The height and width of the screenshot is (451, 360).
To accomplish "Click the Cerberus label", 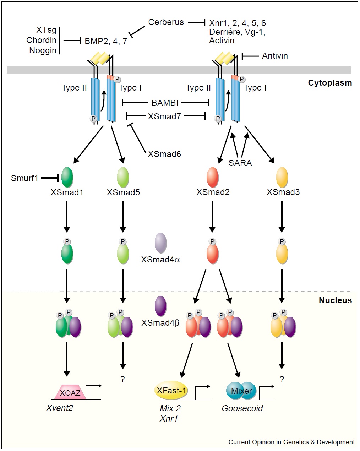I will click(166, 22).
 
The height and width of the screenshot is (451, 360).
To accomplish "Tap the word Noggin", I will click(43, 50).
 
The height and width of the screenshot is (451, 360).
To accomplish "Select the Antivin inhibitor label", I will click(275, 56).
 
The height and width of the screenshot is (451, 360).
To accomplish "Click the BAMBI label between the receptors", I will click(165, 103).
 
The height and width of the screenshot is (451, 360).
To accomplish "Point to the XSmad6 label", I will click(164, 154).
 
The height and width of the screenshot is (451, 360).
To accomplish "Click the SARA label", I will click(240, 163).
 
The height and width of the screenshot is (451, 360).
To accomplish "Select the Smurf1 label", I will click(24, 178).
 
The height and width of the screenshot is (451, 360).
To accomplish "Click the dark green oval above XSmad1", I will click(67, 177).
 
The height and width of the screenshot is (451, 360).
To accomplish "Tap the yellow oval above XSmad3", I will click(282, 177).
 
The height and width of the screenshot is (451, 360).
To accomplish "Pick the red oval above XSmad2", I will click(212, 177).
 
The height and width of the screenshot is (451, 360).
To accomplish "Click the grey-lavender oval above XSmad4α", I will click(161, 243).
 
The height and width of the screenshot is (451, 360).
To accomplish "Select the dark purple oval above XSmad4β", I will click(161, 306).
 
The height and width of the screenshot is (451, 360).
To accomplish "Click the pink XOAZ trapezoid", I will click(70, 393).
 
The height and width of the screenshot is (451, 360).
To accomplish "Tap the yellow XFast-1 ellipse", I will click(171, 391).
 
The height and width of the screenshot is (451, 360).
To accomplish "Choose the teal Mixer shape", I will click(241, 391).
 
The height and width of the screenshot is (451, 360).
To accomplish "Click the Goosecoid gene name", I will click(242, 408).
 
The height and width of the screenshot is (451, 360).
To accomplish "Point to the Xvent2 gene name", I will click(59, 408).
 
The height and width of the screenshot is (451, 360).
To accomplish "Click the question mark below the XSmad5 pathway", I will click(122, 379).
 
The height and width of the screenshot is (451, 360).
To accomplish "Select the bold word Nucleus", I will click(335, 300).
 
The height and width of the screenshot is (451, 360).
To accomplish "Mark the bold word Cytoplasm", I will click(330, 83).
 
